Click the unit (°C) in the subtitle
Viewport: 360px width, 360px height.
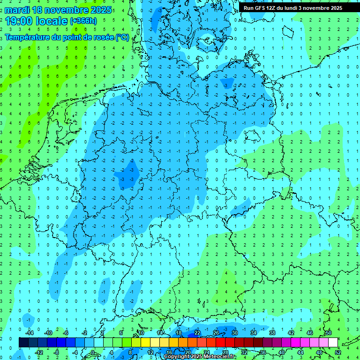(122, 37)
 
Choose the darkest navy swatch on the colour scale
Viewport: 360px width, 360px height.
(23, 343)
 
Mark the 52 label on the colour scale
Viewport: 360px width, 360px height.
(338, 352)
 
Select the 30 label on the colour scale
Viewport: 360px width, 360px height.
(234, 333)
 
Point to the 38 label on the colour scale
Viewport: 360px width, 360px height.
(272, 333)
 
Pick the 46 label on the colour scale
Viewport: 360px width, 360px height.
(309, 333)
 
